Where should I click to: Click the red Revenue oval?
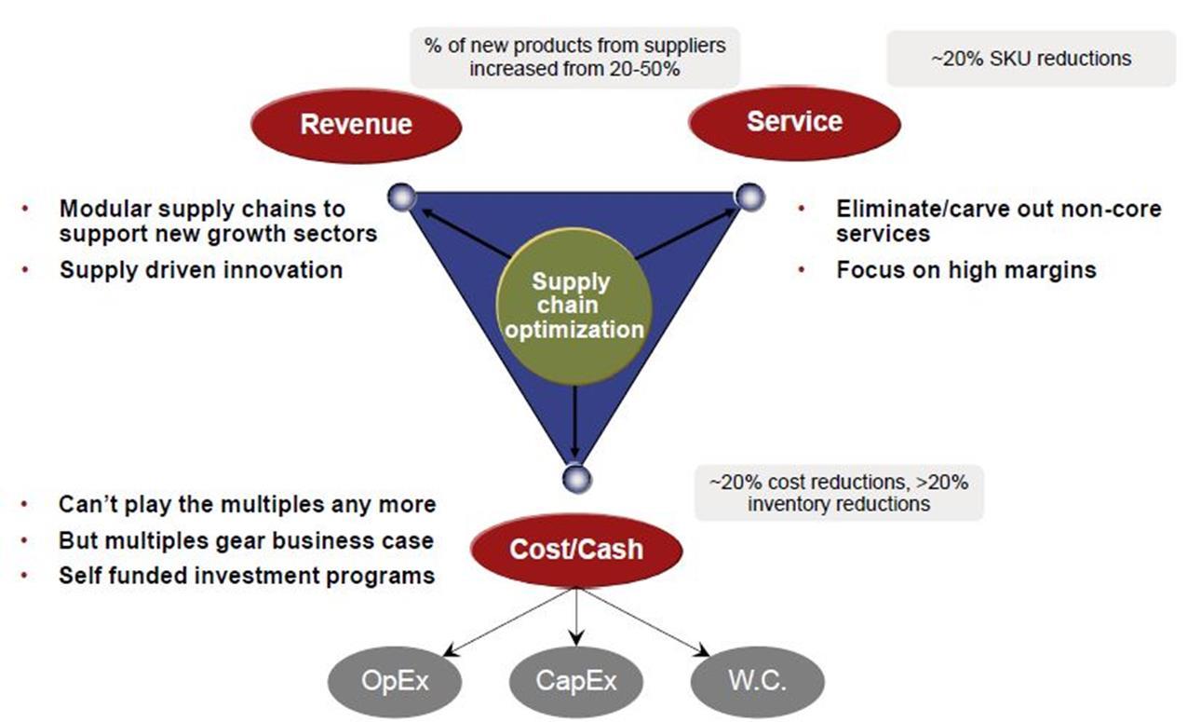356,126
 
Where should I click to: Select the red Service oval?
794,123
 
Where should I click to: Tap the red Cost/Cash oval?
576,551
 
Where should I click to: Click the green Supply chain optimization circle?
574,307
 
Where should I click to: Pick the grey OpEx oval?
395,682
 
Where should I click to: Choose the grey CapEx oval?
576,682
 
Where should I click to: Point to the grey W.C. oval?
758,682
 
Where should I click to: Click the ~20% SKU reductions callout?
1031,59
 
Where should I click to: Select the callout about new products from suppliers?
574,58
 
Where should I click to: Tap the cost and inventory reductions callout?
839,493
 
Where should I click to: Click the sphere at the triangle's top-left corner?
401,197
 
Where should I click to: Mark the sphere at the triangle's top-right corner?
750,197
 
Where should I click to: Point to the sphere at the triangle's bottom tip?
577,479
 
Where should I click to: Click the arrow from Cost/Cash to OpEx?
506,622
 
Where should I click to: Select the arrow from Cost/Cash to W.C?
645,622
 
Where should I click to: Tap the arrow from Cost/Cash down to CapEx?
576,617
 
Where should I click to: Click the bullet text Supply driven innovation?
201,270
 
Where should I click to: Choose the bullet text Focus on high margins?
966,270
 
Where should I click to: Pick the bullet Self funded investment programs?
247,576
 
